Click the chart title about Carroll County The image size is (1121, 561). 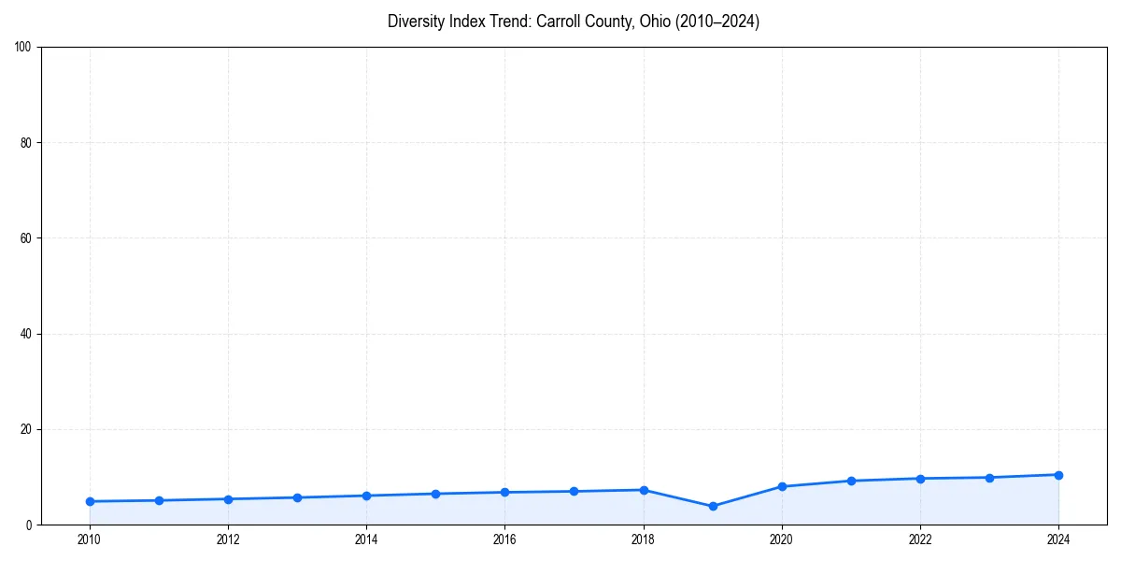573,22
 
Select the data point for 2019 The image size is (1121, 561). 713,506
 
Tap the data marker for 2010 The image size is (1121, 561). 90,501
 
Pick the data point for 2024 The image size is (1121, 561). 1058,475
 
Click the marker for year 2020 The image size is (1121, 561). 782,486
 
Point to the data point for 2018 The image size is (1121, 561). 644,490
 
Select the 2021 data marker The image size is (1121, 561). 851,481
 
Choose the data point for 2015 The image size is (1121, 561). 435,494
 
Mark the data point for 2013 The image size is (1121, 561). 297,497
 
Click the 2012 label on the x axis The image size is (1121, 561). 228,539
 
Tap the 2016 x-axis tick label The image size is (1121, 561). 504,539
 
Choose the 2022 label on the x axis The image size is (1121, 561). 920,539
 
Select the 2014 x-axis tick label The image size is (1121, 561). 366,539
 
